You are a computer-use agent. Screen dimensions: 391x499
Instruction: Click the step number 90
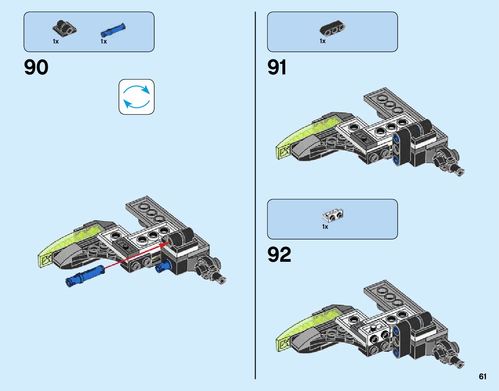[x=36, y=68]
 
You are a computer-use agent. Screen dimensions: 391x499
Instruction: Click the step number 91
[x=277, y=68]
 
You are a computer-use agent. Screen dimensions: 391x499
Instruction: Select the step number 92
[x=279, y=255]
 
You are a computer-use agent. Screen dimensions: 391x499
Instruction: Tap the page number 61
[x=483, y=377]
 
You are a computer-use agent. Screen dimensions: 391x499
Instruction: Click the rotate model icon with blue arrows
[x=137, y=97]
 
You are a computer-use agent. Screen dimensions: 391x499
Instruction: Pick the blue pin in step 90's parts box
[x=113, y=30]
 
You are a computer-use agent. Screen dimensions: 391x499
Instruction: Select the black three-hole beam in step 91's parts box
[x=332, y=30]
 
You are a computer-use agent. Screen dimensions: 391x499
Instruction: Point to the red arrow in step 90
[x=134, y=256]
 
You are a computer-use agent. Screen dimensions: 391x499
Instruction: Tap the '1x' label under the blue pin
[x=103, y=41]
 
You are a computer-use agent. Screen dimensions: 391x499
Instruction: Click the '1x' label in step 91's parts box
[x=323, y=41]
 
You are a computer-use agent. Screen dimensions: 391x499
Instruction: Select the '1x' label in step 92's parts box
[x=325, y=227]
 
